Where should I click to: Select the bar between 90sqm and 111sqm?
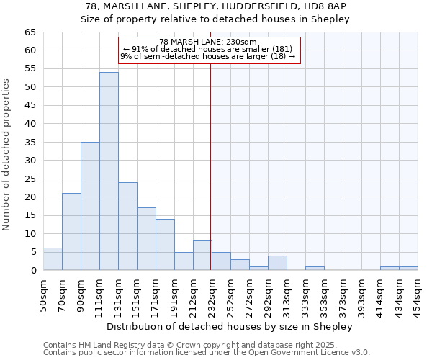tap(90, 206)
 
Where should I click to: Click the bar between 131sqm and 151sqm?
tap(127, 226)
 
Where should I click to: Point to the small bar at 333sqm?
tap(315, 269)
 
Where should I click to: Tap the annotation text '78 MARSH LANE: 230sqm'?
tap(208, 42)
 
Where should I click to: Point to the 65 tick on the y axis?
tap(30, 32)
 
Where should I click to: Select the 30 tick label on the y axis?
tap(30, 161)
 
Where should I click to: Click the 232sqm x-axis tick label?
tap(211, 296)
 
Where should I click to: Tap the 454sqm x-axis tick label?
tap(417, 296)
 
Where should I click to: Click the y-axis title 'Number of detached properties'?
tap(7, 155)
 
